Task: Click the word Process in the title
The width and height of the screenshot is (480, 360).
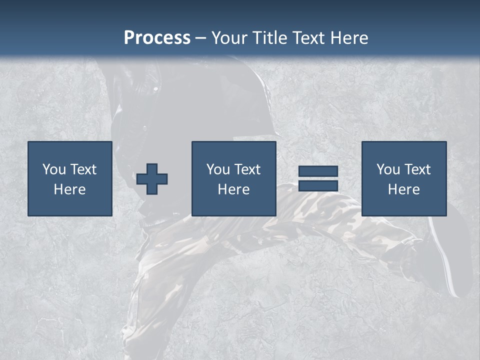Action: point(157,38)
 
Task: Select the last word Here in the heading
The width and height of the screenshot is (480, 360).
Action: point(349,38)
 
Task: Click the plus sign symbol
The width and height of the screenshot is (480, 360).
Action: point(152,179)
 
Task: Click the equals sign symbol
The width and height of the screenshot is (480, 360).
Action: point(318,178)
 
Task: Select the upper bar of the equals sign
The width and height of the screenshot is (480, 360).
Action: point(318,171)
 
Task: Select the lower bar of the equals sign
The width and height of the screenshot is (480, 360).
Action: point(318,185)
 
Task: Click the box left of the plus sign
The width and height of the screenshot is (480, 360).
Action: point(70,178)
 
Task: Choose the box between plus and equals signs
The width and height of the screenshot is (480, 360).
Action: point(234,178)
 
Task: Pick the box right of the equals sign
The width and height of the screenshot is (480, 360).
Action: point(404,178)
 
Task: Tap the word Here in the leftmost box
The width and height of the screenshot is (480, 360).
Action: point(70,189)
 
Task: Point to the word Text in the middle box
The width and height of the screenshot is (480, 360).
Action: point(247,169)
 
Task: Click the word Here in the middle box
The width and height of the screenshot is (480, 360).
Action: point(234,189)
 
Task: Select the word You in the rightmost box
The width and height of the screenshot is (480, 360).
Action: point(388,169)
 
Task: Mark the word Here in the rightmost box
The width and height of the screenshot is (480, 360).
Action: point(404,189)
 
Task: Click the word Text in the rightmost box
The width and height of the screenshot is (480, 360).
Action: point(417,169)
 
